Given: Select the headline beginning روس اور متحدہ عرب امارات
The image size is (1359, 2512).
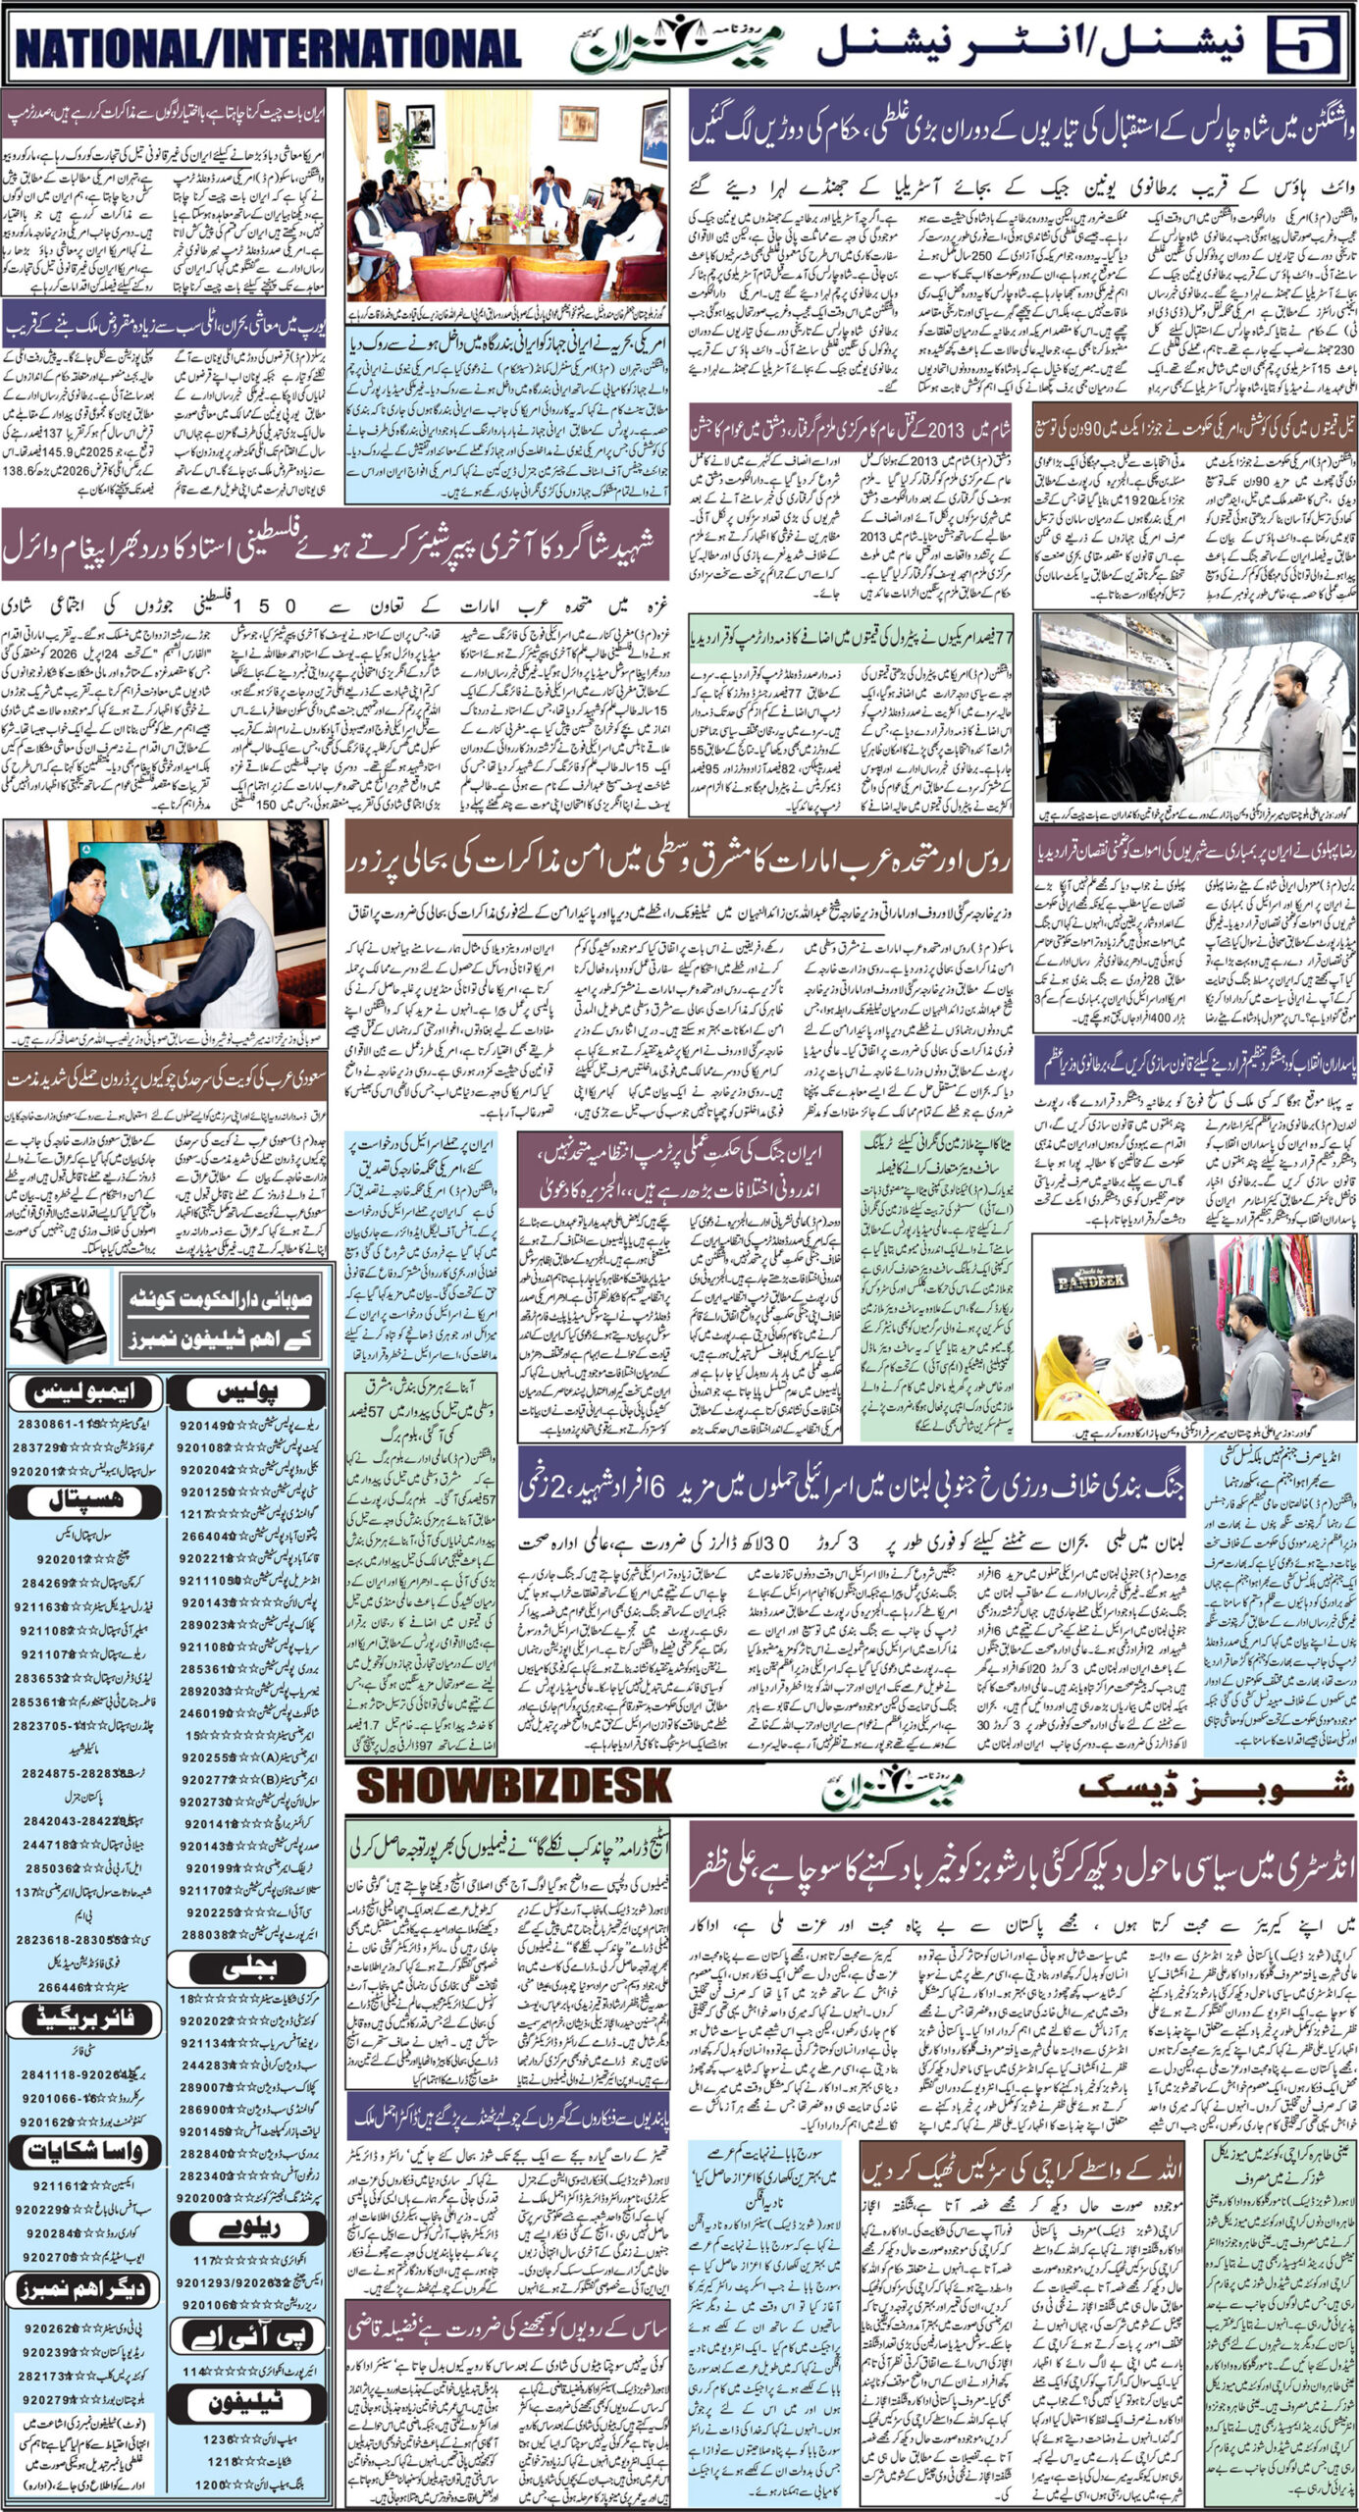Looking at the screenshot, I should click(x=677, y=865).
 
